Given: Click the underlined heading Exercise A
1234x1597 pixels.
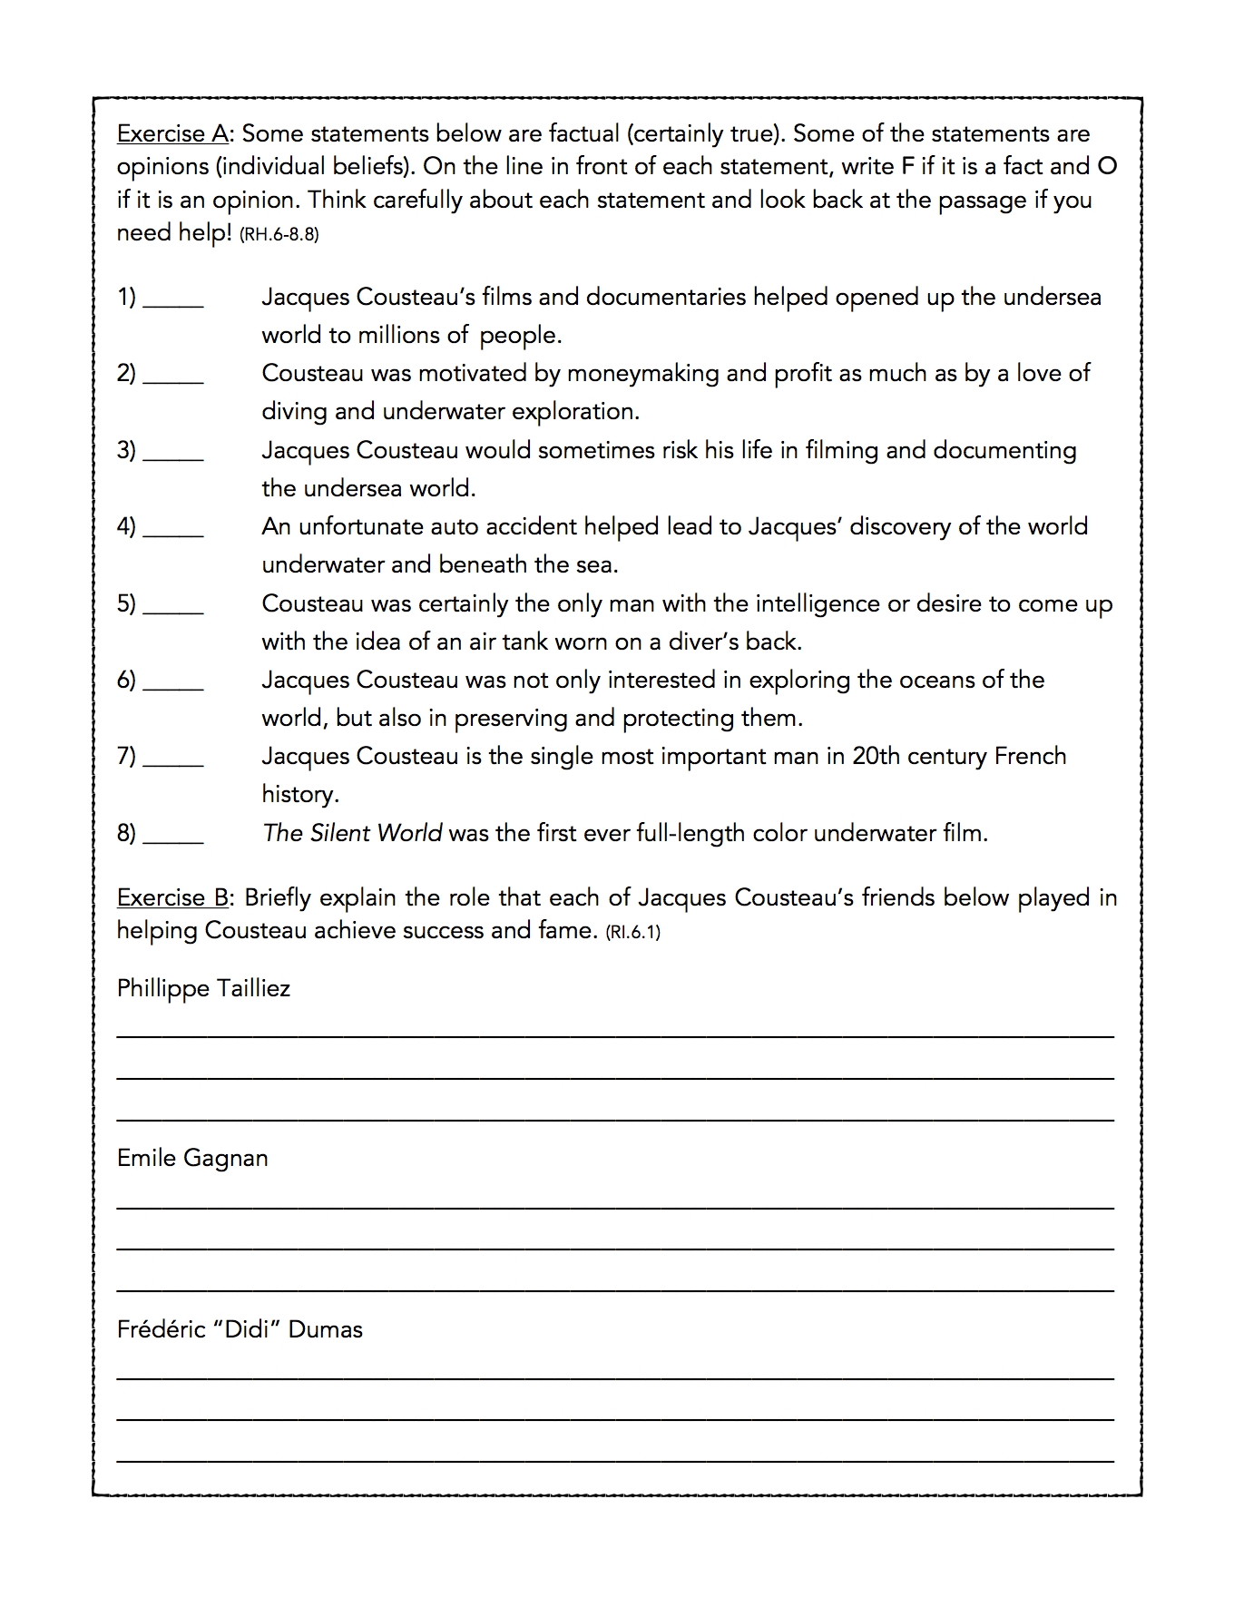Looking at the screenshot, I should [172, 133].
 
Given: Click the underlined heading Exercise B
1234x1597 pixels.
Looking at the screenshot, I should [172, 897].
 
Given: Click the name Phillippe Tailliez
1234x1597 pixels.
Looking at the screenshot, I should [203, 988].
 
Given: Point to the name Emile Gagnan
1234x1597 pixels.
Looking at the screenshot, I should [192, 1158].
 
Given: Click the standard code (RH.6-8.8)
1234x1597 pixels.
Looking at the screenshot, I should [279, 234].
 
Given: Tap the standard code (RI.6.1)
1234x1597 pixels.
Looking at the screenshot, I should [632, 932].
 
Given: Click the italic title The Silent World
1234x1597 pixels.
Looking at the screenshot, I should [352, 832].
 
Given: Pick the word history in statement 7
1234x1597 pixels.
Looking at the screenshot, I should [299, 794].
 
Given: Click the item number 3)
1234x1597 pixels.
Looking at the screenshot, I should [126, 450].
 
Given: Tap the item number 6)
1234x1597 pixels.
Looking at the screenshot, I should [126, 680].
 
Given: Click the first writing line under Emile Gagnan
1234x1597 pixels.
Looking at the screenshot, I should [615, 1206].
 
